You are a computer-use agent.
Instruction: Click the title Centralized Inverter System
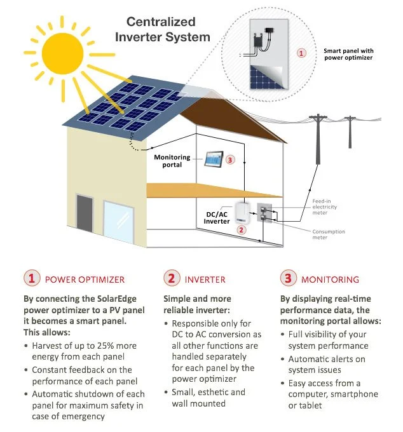point(162,29)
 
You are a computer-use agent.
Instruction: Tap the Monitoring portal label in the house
point(174,160)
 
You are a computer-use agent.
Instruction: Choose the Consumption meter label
point(328,234)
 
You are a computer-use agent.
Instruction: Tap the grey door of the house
point(85,216)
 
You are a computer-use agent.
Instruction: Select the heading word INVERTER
point(205,279)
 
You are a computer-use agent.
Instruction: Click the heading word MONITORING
point(330,279)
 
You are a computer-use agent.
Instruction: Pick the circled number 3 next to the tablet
point(231,160)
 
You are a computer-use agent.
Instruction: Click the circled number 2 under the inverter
point(241,231)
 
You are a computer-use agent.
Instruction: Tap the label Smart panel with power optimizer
point(348,54)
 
